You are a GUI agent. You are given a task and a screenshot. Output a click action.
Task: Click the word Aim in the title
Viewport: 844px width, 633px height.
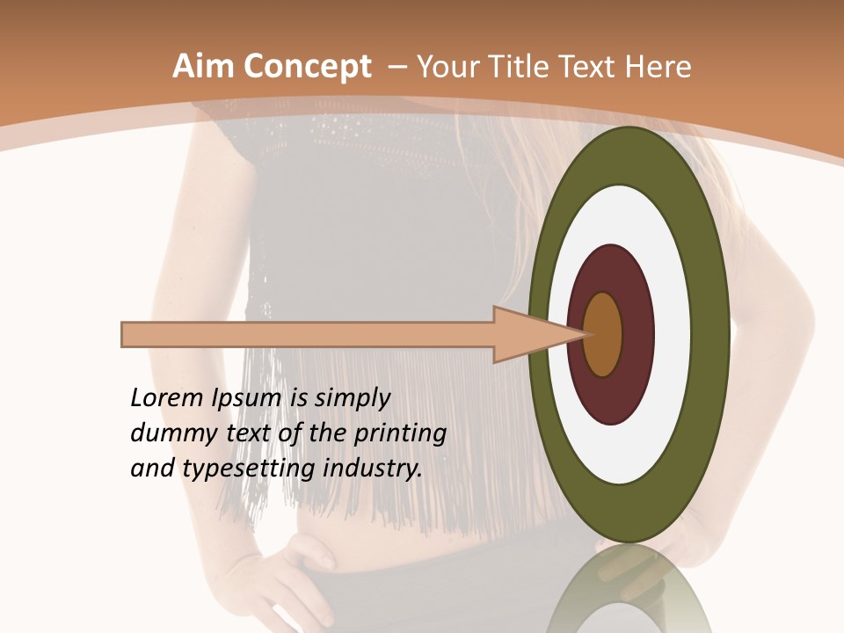tap(203, 67)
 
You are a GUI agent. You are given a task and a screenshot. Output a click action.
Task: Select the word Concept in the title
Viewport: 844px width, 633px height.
tap(308, 67)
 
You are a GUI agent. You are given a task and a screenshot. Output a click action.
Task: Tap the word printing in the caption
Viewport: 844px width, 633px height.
tap(399, 433)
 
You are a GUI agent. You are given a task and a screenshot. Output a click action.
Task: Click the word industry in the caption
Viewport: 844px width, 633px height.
tap(374, 468)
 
